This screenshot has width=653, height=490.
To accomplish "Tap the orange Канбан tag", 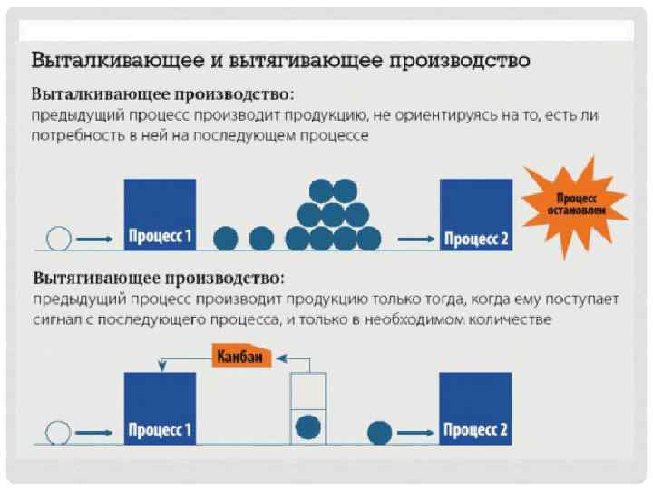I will (x=240, y=358).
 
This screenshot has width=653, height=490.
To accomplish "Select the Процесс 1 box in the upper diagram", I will (x=160, y=214).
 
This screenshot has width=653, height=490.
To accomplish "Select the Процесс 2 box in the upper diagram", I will (x=476, y=214).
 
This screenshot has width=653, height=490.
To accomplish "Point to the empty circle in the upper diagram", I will (x=57, y=239).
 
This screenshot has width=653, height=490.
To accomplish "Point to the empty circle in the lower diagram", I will (x=57, y=430).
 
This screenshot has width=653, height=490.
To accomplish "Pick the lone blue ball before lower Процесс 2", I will (x=380, y=430).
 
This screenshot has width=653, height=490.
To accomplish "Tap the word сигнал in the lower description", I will (x=59, y=320).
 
